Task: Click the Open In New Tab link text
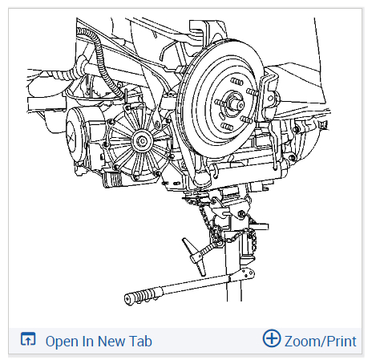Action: pos(99,342)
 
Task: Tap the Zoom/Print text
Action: pos(320,342)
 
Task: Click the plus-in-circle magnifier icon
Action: pos(272,338)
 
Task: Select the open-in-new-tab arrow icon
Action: pos(28,339)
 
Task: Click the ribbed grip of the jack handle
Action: pos(142,296)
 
